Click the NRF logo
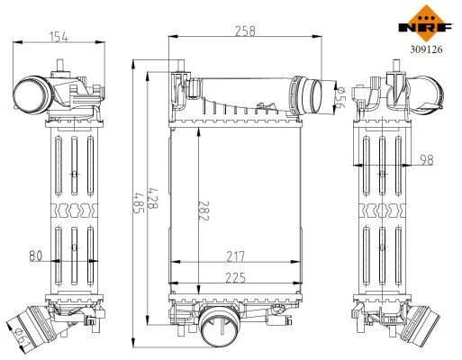[426, 23]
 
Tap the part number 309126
[426, 49]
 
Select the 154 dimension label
[59, 37]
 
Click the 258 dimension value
[245, 31]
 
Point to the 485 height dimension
[139, 202]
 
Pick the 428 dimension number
[153, 198]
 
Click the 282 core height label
[204, 211]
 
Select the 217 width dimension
[236, 256]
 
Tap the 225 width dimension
[235, 278]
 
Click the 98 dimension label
[427, 160]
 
